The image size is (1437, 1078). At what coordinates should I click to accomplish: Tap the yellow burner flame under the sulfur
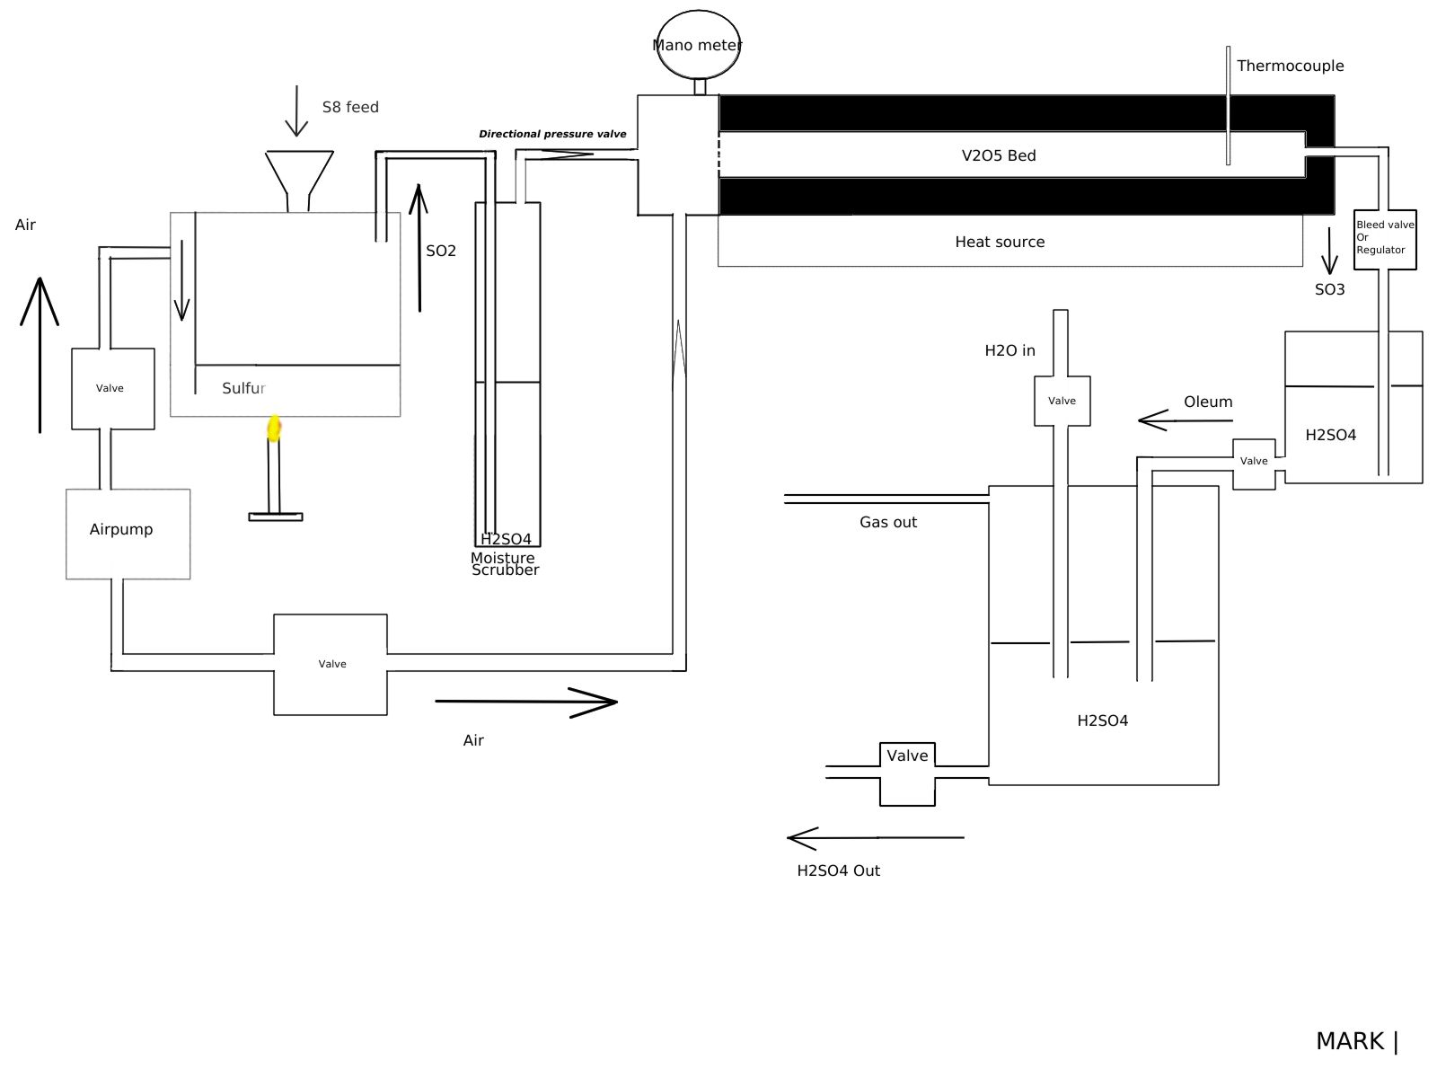coord(274,429)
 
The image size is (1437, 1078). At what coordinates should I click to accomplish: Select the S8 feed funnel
coord(298,181)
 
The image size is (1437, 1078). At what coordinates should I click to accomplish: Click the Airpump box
coord(128,535)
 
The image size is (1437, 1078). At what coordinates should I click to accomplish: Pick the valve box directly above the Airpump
coord(112,389)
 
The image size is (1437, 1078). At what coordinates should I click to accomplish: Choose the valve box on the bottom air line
coord(330,665)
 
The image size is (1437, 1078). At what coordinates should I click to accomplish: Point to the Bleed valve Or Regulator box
coord(1385,240)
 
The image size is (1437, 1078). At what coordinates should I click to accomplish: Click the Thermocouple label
coord(1290,66)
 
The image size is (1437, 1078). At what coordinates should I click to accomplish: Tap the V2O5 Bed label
coord(999,155)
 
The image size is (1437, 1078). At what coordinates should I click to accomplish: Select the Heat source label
coord(1000,243)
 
